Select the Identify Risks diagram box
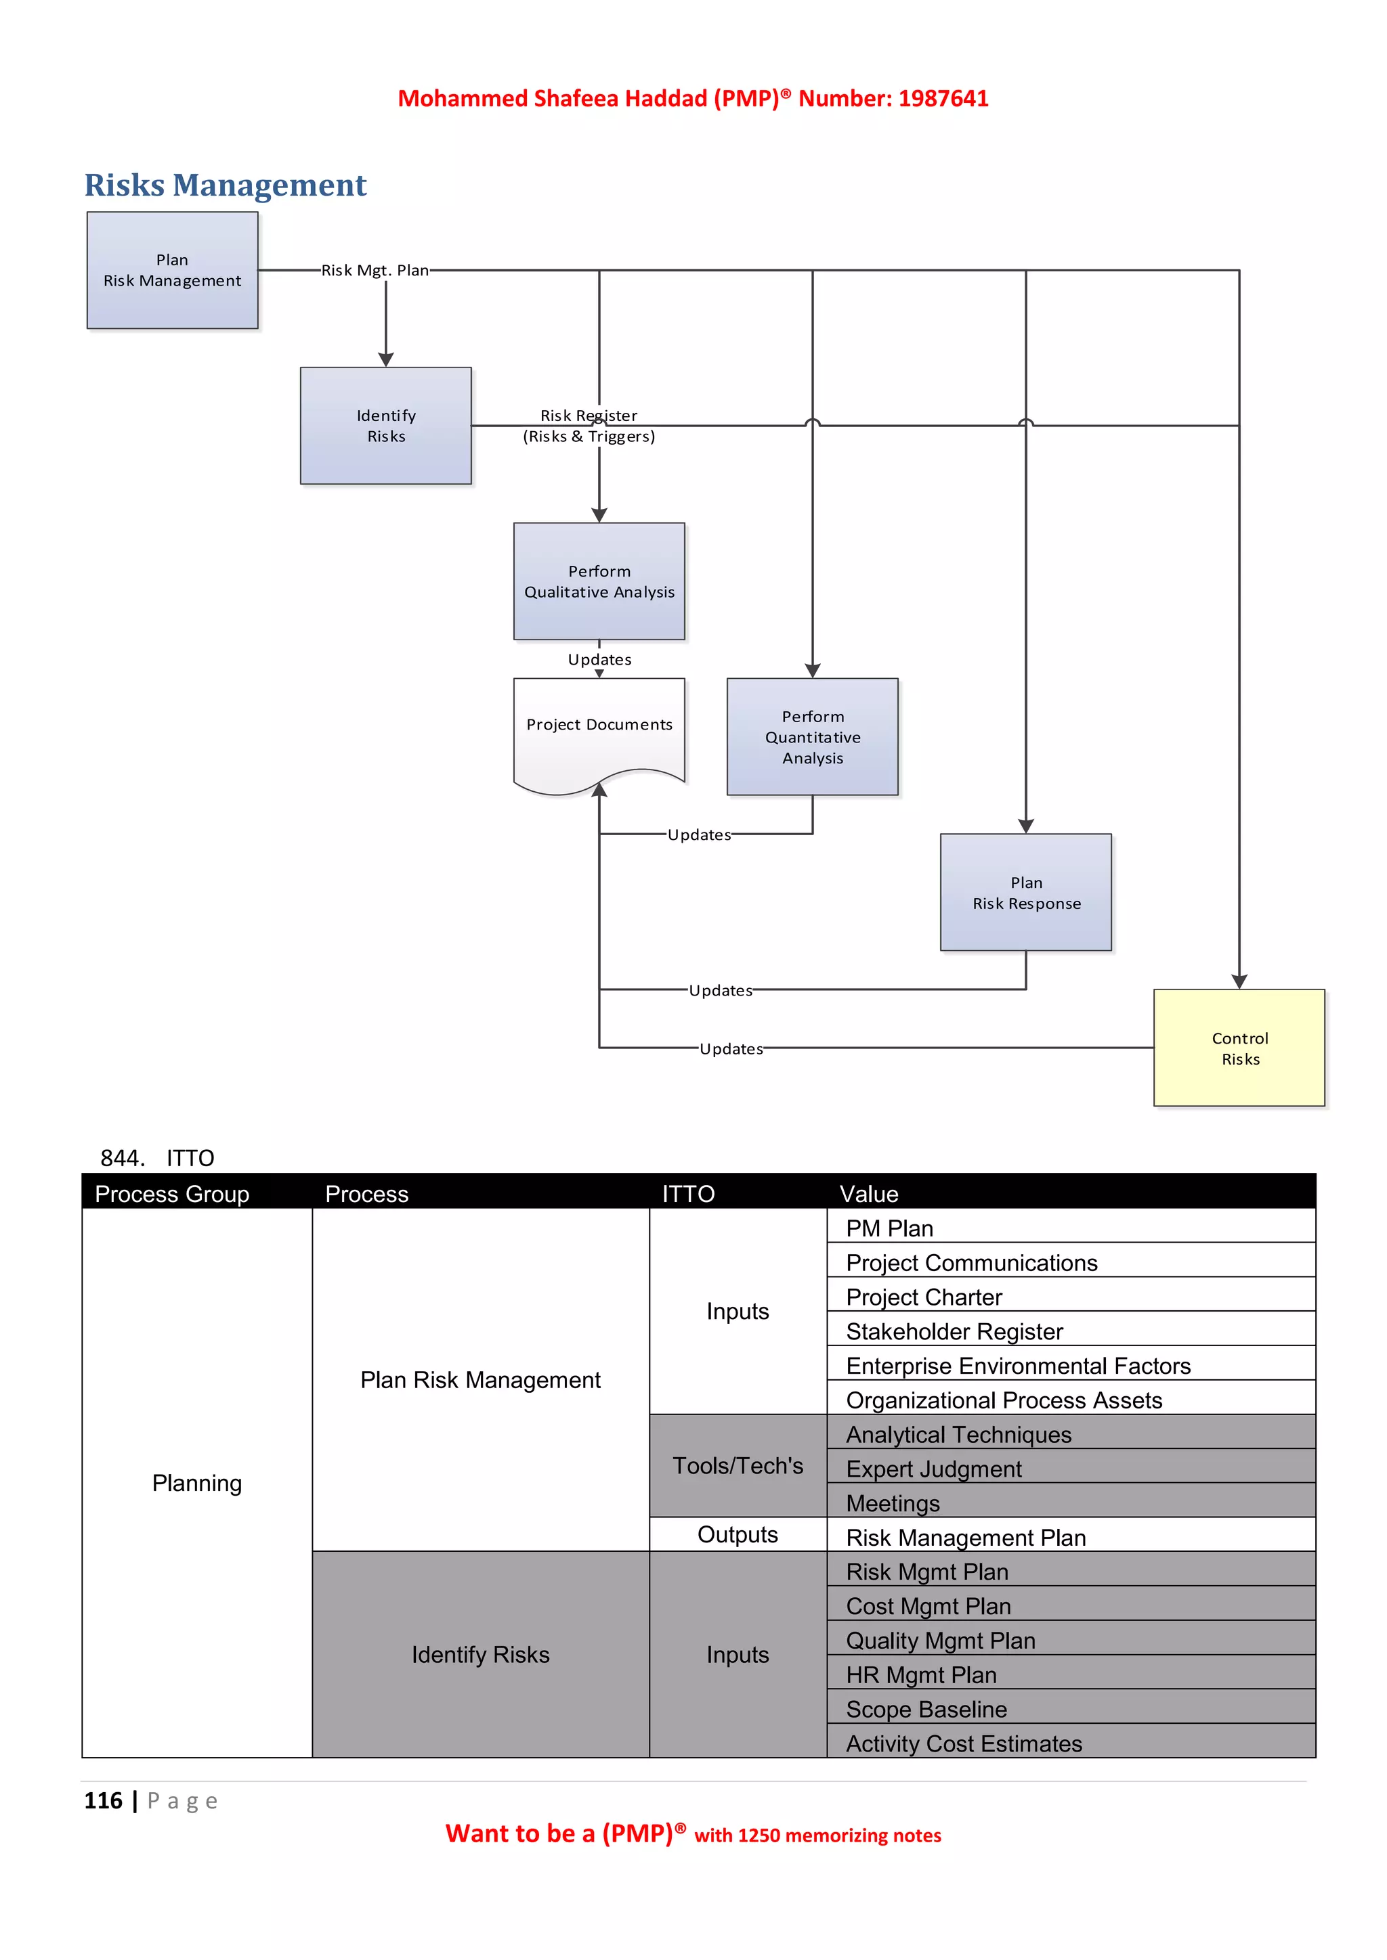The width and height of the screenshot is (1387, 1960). (x=385, y=425)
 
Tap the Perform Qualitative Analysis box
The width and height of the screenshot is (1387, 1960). (x=599, y=581)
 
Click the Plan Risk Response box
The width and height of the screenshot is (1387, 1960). (x=1026, y=892)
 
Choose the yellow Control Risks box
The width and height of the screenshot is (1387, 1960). (x=1239, y=1048)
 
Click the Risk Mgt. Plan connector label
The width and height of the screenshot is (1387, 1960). (x=375, y=270)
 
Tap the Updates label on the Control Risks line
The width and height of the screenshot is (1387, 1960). (x=731, y=1048)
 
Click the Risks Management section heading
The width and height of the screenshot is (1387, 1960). (x=226, y=185)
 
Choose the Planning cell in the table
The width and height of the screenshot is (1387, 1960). (x=197, y=1483)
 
